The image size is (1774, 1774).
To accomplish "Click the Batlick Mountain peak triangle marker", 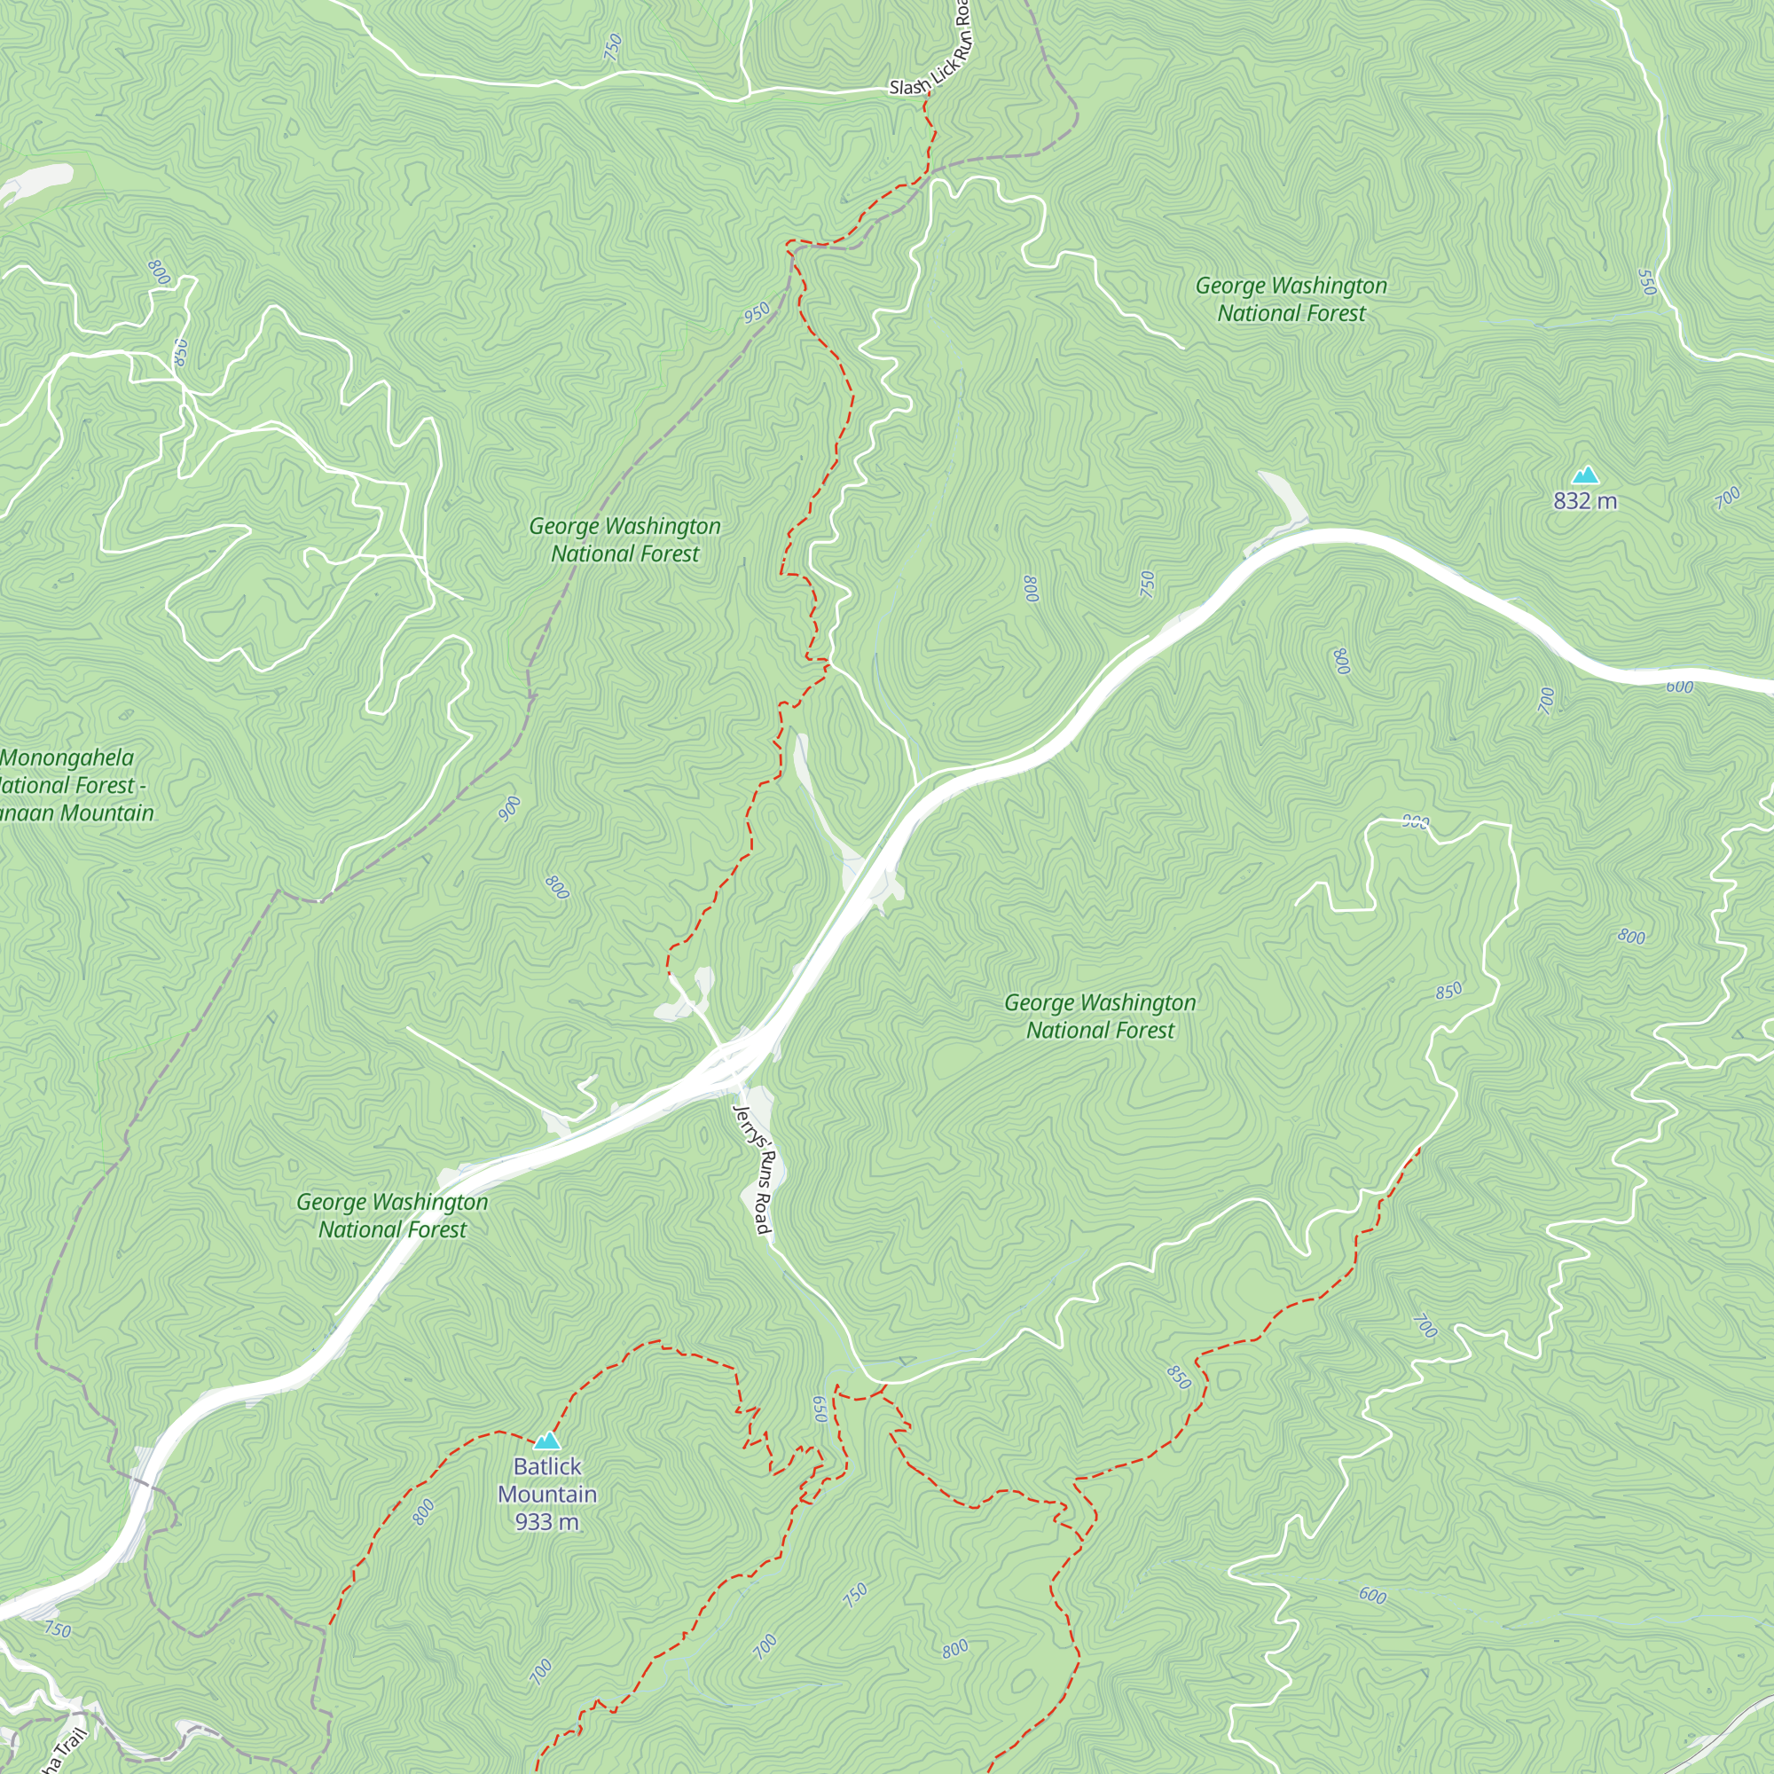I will coord(546,1440).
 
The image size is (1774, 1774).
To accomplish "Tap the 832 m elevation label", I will coord(1585,500).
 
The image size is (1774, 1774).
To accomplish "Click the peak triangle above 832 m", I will coord(1585,475).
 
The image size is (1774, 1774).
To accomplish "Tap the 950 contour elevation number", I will coord(757,313).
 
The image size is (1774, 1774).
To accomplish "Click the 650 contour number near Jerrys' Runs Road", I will coord(820,1409).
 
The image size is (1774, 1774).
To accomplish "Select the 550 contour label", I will coord(1646,282).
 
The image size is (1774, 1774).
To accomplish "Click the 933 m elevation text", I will coord(546,1521).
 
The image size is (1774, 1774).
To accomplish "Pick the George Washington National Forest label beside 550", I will coord(1291,299).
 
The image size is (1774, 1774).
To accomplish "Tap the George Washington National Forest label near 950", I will coord(624,540).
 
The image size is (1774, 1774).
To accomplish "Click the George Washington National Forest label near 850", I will coord(1100,1017).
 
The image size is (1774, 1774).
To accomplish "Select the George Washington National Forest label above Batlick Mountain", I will coord(392,1216).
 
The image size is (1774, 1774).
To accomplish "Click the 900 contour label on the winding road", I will coord(1416,822).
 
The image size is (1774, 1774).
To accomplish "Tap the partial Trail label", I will coord(64,1749).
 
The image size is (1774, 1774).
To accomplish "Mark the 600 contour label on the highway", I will coord(1679,687).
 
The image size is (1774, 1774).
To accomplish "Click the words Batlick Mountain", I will coord(546,1480).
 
